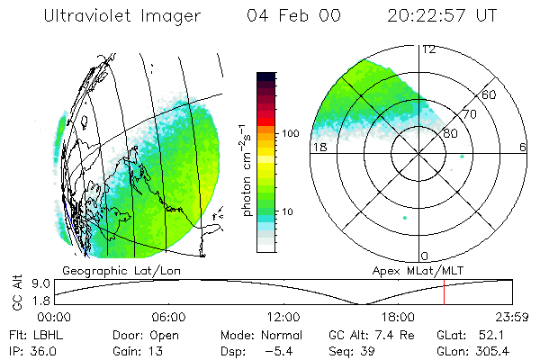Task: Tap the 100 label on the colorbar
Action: click(x=290, y=132)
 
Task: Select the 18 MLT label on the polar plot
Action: click(x=319, y=147)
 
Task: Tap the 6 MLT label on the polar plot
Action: click(x=523, y=147)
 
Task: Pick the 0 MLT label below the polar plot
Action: click(x=425, y=256)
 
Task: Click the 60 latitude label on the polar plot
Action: click(x=490, y=94)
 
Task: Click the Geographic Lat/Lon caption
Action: click(x=105, y=270)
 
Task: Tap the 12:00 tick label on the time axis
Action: click(x=283, y=316)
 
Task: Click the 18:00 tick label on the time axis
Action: click(x=398, y=316)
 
